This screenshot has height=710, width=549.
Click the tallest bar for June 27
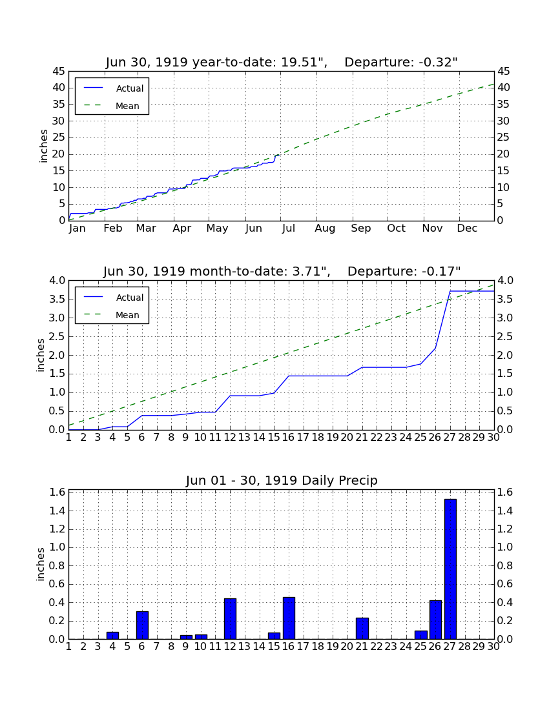[x=450, y=569]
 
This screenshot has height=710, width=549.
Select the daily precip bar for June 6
[x=142, y=625]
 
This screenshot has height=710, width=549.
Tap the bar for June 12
[x=230, y=618]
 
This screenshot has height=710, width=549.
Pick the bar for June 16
[x=289, y=618]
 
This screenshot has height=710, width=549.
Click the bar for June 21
[x=362, y=629]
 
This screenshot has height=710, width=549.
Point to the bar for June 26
[x=435, y=620]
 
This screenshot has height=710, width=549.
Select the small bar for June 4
[x=113, y=635]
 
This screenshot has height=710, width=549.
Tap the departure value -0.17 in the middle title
[x=440, y=271]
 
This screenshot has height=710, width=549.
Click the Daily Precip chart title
[x=282, y=480]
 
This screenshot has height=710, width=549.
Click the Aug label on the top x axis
[x=326, y=228]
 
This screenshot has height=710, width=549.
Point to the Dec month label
[x=467, y=228]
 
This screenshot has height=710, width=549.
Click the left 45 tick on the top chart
[x=59, y=72]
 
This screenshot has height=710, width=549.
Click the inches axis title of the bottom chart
[x=41, y=564]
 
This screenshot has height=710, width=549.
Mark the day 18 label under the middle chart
[x=318, y=438]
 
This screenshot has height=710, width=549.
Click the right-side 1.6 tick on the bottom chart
[x=505, y=492]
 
